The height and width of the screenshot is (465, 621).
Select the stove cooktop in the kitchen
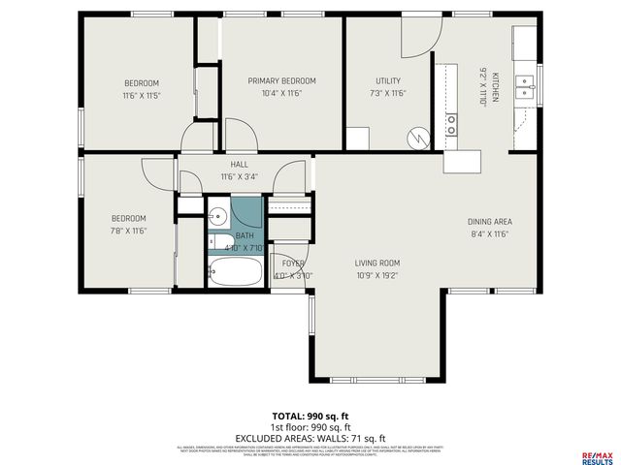point(451,124)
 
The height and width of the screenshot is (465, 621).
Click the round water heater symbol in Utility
point(418,138)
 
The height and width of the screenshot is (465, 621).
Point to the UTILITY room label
point(388,81)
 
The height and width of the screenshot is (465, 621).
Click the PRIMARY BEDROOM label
point(281,81)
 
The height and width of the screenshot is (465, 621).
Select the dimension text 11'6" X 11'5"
point(141,96)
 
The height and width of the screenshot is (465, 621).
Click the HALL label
point(239,164)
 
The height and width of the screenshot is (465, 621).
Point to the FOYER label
point(293,263)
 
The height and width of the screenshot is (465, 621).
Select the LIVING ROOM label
point(376,263)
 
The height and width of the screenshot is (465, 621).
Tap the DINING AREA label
point(488,220)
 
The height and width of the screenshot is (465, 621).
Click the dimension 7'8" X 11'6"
point(127,232)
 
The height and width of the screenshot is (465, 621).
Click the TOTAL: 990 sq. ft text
point(310,416)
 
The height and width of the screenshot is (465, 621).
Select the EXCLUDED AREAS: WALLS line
point(310,437)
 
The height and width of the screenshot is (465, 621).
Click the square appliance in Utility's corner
point(357,139)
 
